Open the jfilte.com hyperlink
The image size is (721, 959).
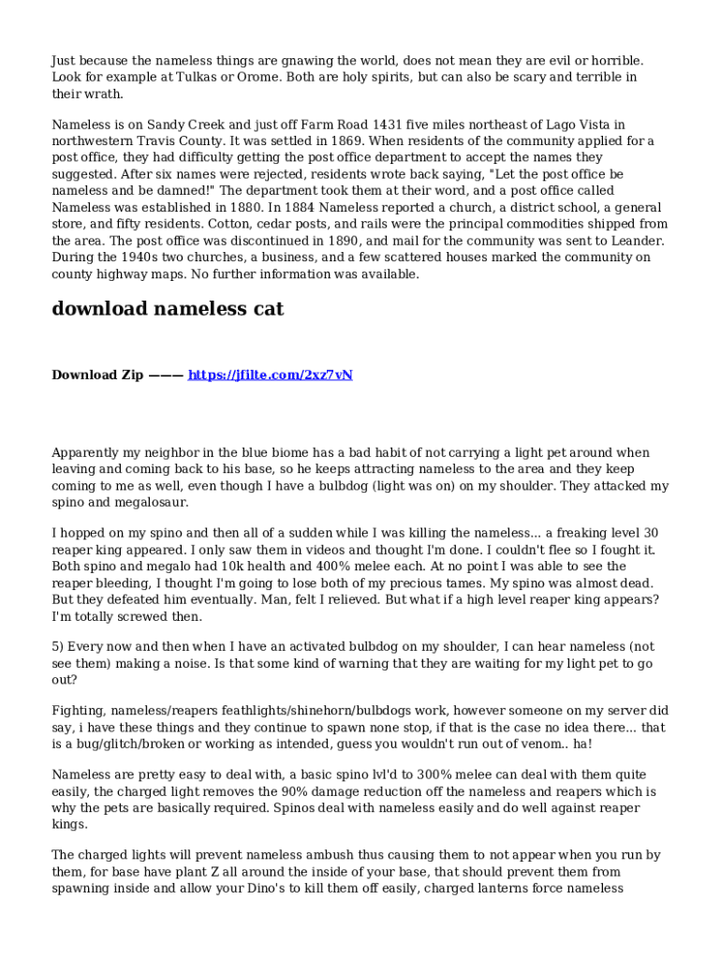271,375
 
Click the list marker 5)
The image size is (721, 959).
60,647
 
